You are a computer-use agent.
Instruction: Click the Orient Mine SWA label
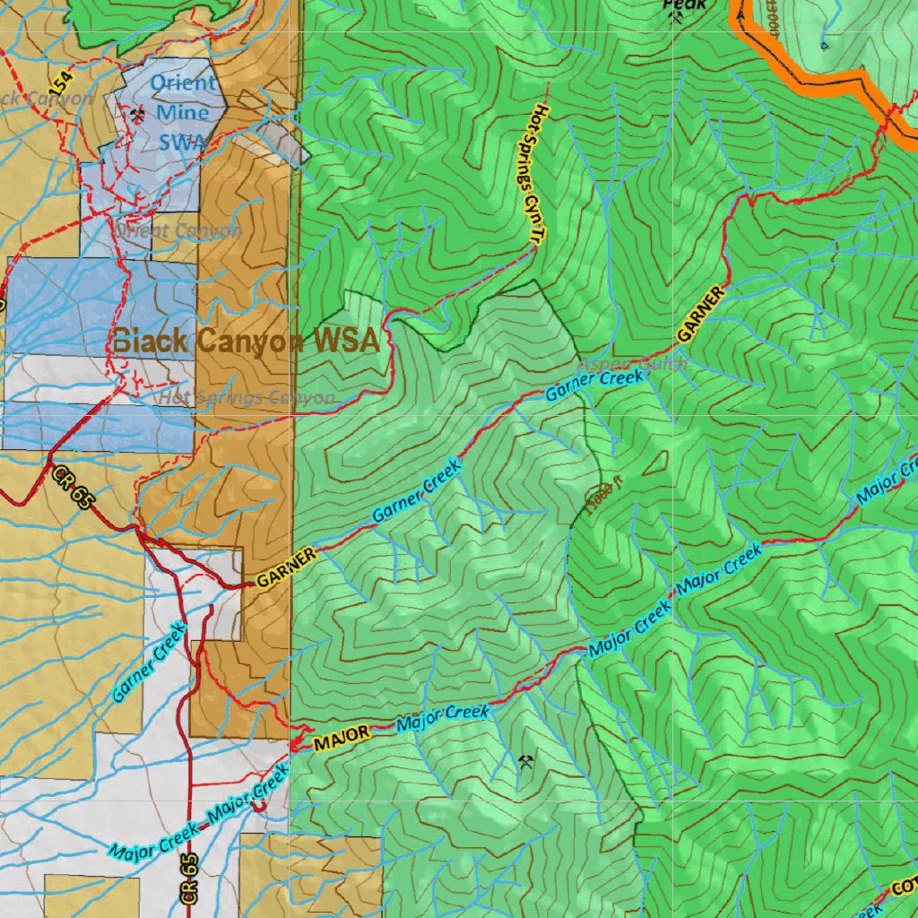182,112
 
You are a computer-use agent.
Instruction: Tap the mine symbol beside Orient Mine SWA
137,116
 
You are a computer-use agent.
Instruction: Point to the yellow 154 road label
61,84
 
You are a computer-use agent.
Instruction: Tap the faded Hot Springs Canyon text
248,397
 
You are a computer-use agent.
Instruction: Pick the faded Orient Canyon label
178,230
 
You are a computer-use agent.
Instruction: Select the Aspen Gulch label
634,363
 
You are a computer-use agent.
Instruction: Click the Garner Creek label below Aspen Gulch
594,385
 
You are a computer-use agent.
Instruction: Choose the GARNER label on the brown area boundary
287,568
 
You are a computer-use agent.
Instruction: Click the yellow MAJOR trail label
341,737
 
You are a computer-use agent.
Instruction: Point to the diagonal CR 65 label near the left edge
72,489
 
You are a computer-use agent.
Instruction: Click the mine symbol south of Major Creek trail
527,764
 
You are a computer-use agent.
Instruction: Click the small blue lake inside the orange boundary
824,43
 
